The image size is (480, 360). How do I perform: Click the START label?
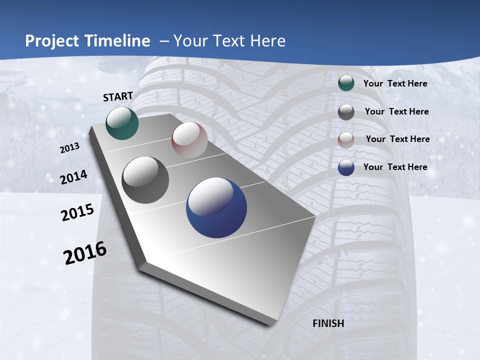click(x=118, y=96)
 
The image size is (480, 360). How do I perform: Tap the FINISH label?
click(x=328, y=323)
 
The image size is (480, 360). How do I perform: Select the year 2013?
click(x=70, y=148)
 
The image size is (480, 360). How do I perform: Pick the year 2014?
click(x=74, y=177)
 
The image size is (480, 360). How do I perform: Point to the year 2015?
click(x=77, y=212)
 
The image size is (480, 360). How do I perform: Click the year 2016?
click(x=85, y=253)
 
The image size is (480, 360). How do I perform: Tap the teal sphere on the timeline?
click(x=122, y=123)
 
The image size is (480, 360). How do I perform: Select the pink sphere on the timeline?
click(x=189, y=140)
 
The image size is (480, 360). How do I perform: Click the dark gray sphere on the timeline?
click(x=145, y=180)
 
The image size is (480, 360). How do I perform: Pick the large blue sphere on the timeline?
click(x=216, y=207)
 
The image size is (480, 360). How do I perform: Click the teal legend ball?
click(x=346, y=83)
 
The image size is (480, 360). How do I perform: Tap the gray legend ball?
click(x=346, y=112)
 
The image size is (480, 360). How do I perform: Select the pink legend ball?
click(x=346, y=140)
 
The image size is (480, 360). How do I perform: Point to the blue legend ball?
click(x=346, y=168)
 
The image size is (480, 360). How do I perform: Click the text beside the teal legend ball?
click(x=395, y=83)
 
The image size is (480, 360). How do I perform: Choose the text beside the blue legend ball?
click(x=395, y=167)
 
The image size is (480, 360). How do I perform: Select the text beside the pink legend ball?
click(x=397, y=139)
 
